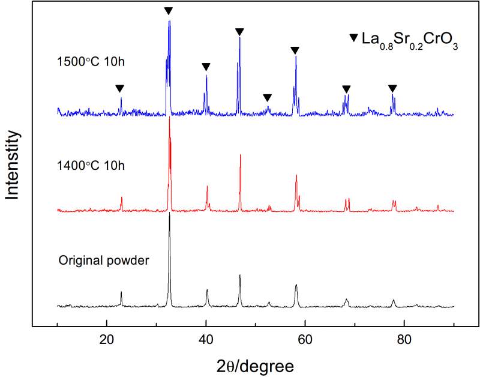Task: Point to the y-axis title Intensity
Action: [13, 165]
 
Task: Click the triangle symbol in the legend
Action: [353, 39]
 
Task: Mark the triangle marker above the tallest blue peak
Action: [169, 11]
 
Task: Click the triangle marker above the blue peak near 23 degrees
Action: [119, 88]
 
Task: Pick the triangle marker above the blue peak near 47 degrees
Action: [239, 31]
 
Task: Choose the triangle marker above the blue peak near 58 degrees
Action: [294, 50]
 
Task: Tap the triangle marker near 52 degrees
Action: [268, 97]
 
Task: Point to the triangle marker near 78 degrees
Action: [392, 88]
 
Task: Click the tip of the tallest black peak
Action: [169, 214]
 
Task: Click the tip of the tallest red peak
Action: [170, 117]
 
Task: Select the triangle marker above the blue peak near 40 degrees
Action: [206, 67]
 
